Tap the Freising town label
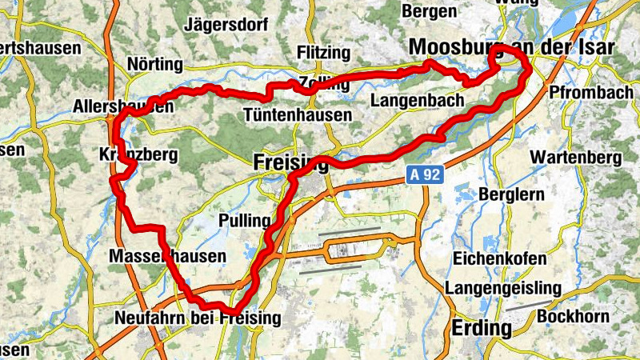point(290,162)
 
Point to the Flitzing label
point(323,53)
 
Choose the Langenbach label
point(418,101)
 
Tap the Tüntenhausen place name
point(298,114)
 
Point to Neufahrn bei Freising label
point(198,318)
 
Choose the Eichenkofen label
point(500,258)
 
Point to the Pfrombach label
point(586,92)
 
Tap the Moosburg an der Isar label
point(511,48)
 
